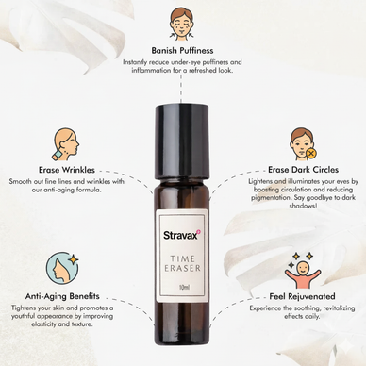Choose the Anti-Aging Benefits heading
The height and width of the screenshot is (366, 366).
(x=64, y=294)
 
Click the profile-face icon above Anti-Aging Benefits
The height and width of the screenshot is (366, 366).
(x=64, y=265)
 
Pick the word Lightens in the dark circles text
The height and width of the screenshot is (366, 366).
(x=261, y=181)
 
